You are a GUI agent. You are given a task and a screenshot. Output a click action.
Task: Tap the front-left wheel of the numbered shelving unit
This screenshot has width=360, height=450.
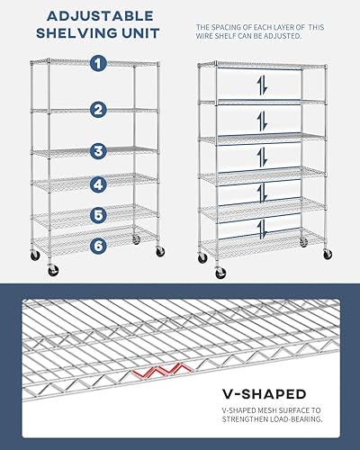click(x=36, y=256)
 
